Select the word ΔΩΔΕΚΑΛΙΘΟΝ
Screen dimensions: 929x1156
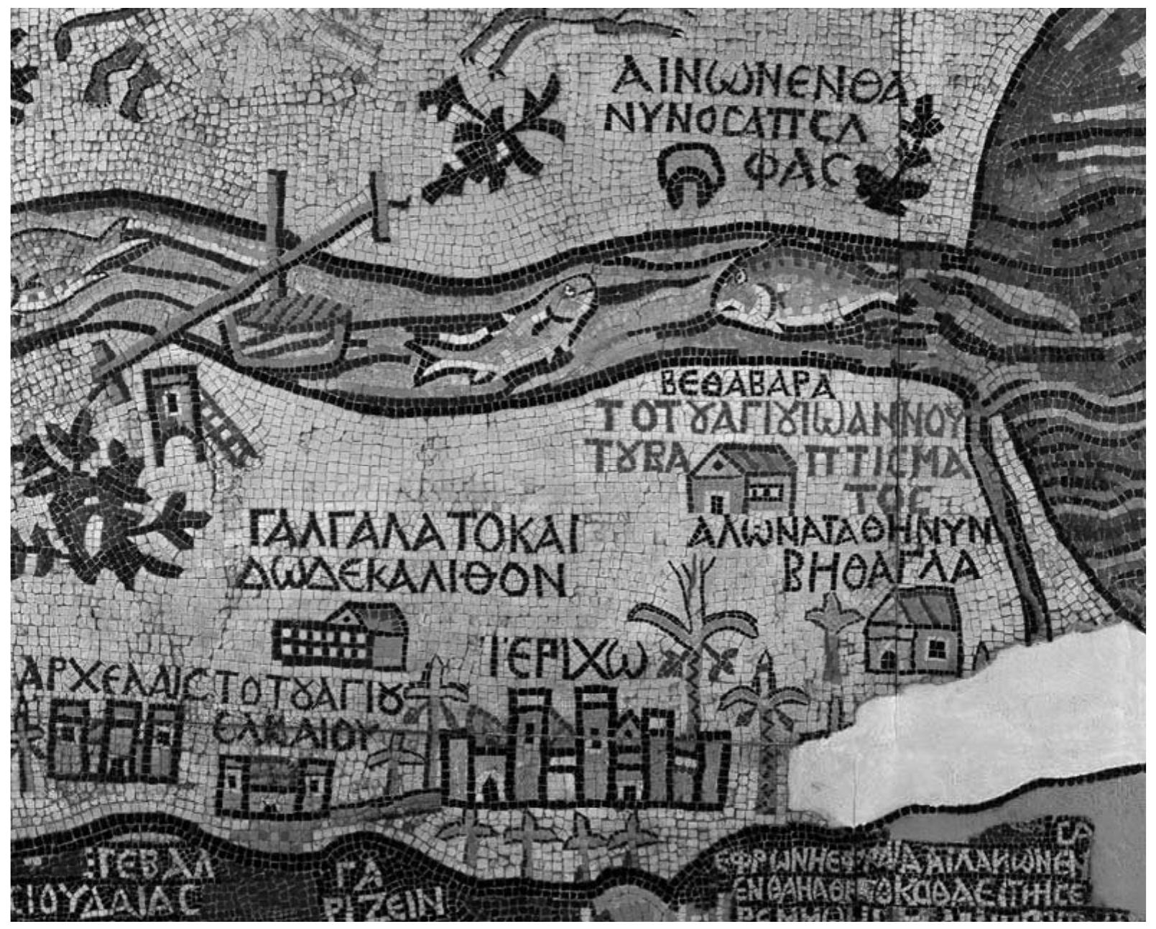pos(404,578)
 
